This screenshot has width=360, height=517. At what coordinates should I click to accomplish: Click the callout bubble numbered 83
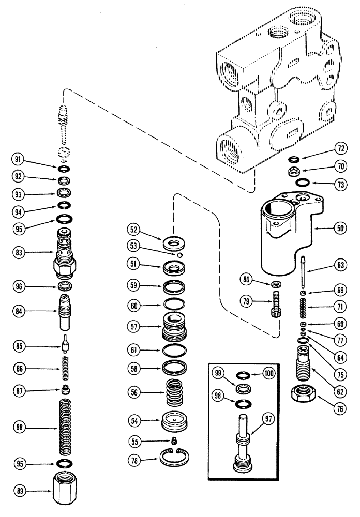[x=19, y=252]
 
